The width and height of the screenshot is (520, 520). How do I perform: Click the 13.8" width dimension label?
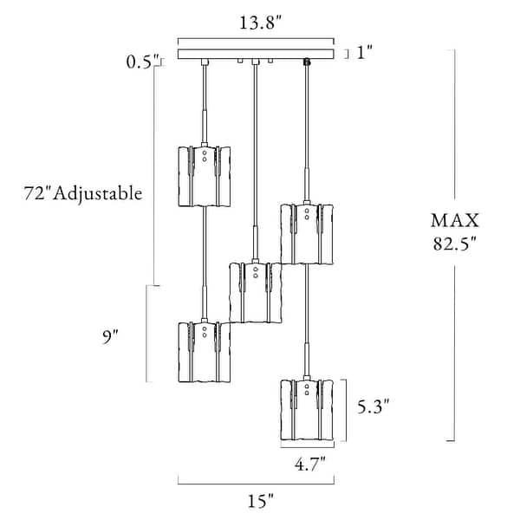coord(260,23)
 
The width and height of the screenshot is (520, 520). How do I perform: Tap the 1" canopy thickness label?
coord(365,52)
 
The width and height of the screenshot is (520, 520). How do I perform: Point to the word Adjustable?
coord(98,193)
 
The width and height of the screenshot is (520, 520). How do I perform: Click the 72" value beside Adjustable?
coord(36,192)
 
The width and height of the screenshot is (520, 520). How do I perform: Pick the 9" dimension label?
coord(110,337)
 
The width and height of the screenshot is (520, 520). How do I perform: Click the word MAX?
coord(455,220)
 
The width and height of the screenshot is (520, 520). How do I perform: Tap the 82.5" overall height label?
coord(455,244)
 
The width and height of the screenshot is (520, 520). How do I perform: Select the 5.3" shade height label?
coord(373,406)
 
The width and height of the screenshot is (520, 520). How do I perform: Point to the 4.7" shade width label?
coord(310,464)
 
